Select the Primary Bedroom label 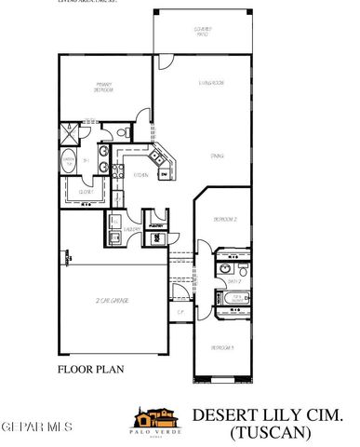(103, 89)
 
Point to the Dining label (216, 156)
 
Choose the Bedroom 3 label (221, 346)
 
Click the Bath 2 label (235, 279)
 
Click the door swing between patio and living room (164, 63)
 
